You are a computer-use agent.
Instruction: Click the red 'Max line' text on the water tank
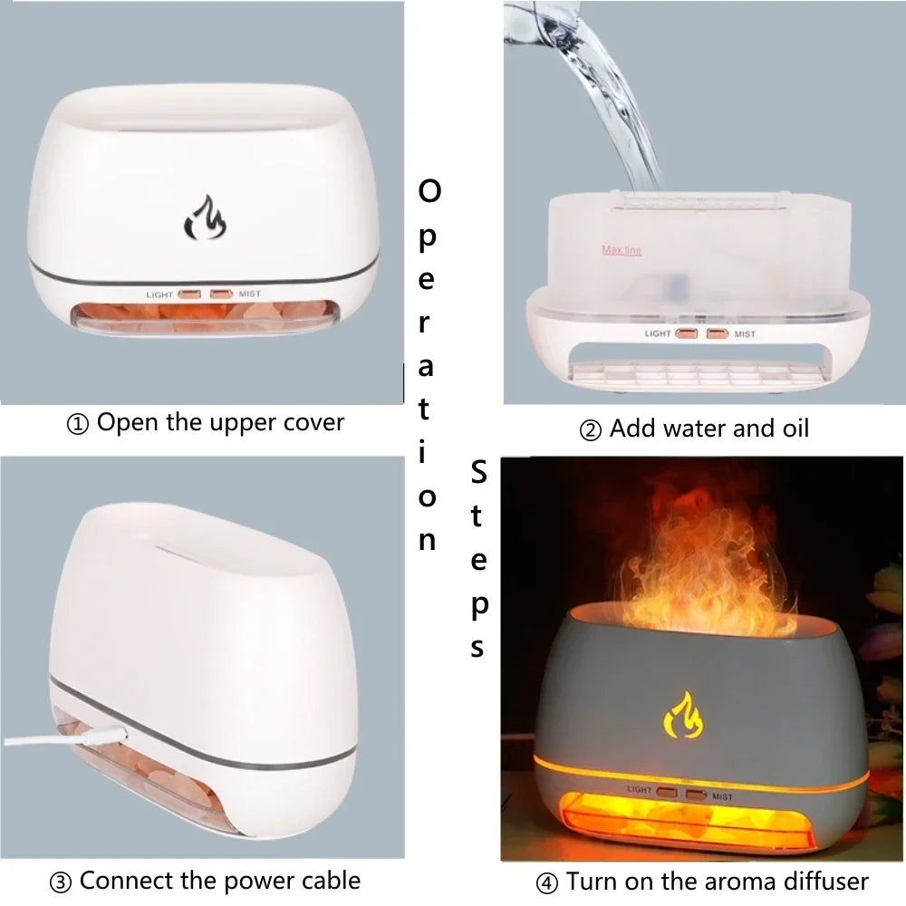pos(622,250)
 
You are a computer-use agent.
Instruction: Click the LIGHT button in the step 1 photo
pos(190,294)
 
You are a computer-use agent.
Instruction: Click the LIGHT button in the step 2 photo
pos(687,333)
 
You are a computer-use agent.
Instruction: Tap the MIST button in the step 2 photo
pos(718,333)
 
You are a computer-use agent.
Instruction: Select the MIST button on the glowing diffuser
pos(696,795)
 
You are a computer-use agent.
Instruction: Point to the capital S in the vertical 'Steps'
pos(479,471)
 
